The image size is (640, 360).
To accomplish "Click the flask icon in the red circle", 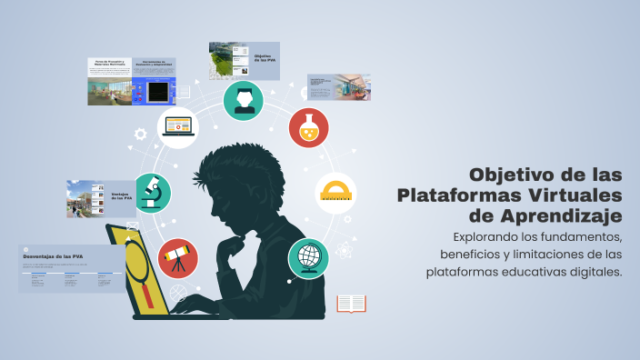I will pyautogui.click(x=309, y=128).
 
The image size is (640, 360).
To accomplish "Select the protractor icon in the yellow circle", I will pyautogui.click(x=335, y=193).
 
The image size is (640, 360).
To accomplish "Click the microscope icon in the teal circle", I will pyautogui.click(x=152, y=193).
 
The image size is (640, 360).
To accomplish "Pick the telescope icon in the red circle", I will pyautogui.click(x=177, y=257).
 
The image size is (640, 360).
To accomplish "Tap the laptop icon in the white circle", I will pyautogui.click(x=177, y=128).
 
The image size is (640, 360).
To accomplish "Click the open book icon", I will pyautogui.click(x=351, y=304).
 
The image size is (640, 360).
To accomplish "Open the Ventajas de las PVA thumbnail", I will pyautogui.click(x=101, y=198).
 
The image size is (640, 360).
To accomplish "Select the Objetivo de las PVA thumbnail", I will pyautogui.click(x=244, y=60).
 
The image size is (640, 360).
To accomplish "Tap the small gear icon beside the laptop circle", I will pyautogui.click(x=140, y=134).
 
